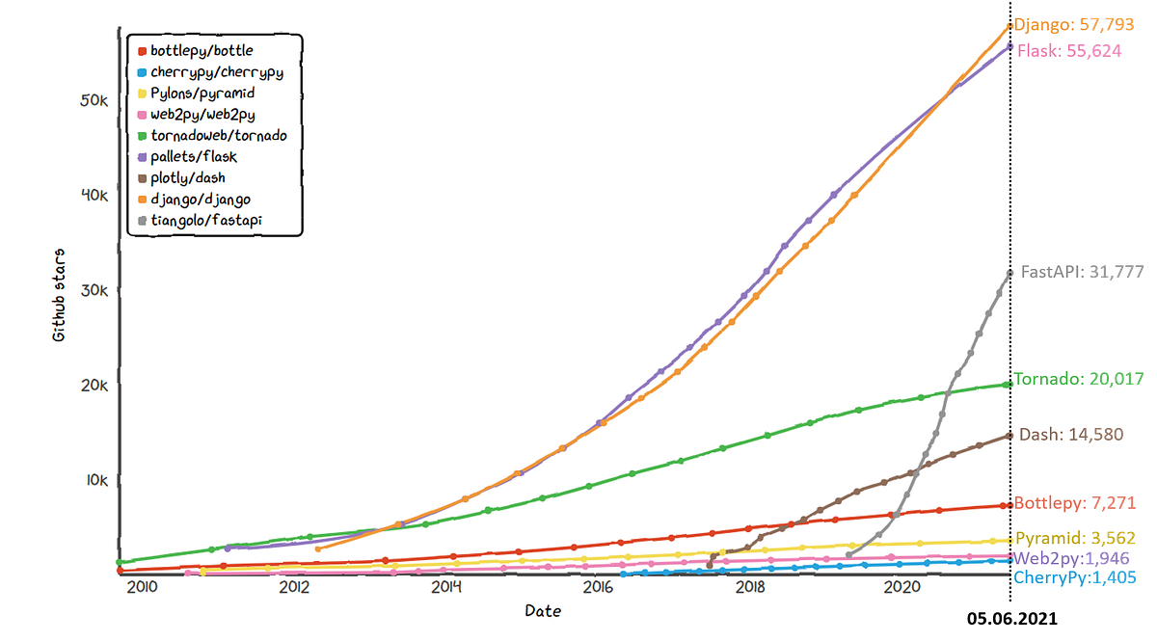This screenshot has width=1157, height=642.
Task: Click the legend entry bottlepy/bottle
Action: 202,50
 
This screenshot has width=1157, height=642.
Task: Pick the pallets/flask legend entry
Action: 194,156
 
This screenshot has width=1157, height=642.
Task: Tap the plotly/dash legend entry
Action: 188,177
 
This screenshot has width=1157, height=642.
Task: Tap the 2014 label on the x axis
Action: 446,586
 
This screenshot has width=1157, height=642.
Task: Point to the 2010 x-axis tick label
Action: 142,586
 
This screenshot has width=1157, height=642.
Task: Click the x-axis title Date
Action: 543,611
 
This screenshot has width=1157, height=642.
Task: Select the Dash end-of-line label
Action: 1070,435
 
